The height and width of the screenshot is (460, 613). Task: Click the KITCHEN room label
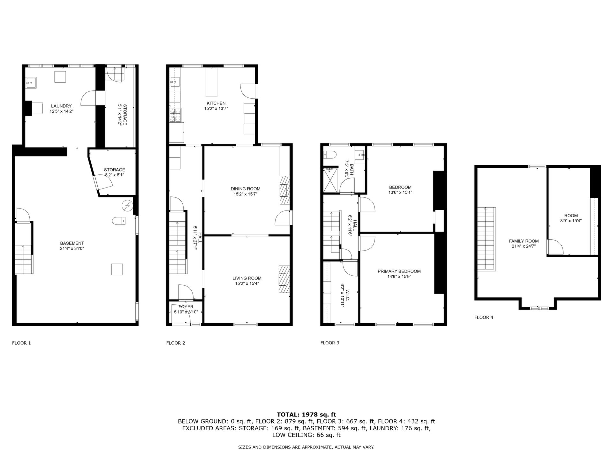[x=216, y=103]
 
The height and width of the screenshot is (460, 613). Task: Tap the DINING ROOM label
[x=246, y=189]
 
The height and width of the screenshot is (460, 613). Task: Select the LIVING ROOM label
[x=247, y=278]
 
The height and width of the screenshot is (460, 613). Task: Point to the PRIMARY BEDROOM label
[x=399, y=271]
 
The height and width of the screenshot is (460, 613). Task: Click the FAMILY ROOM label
[x=524, y=241]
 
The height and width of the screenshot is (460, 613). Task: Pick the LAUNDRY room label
[x=61, y=106]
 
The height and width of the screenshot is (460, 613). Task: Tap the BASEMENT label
[x=72, y=243]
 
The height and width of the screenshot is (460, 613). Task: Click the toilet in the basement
[x=119, y=221]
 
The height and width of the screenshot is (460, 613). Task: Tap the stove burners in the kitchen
[x=175, y=115]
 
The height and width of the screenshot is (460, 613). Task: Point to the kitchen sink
[x=175, y=82]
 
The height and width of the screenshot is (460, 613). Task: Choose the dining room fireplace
[x=284, y=190]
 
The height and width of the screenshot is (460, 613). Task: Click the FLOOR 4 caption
[x=484, y=317]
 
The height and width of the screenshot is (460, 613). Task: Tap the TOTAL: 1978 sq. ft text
[x=306, y=415]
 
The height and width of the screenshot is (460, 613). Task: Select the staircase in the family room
[x=486, y=239]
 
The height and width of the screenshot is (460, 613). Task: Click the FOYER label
[x=186, y=307]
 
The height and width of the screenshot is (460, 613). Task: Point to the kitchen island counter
[x=211, y=82]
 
